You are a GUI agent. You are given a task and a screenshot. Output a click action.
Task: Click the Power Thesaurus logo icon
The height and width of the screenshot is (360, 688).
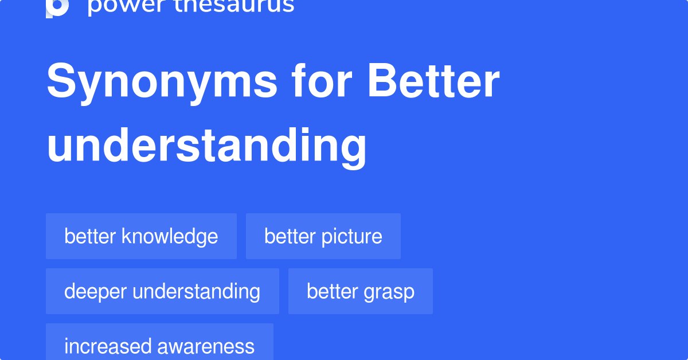pos(57,8)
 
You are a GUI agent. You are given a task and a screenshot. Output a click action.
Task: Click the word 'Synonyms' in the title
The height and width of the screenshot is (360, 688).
pos(162,82)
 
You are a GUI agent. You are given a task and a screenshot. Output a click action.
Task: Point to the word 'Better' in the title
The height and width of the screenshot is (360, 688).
pos(433,80)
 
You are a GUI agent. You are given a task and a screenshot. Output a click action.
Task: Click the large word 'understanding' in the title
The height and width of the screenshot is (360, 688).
pos(206,146)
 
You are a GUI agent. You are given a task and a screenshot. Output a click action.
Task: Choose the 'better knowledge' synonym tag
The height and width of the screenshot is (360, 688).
pos(141,236)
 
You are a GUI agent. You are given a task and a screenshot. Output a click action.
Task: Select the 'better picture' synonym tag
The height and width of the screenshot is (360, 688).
pos(323,236)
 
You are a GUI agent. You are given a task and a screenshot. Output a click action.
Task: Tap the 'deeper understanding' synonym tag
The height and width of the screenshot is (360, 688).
pos(162,291)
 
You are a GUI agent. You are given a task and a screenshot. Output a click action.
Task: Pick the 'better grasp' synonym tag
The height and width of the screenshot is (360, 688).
pos(361,291)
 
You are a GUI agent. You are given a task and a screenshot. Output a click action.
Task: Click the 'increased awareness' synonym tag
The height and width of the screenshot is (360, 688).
pos(160,342)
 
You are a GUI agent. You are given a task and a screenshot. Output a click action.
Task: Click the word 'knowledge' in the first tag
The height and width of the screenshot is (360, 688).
pos(170,237)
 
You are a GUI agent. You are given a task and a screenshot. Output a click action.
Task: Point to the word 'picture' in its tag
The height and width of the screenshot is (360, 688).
pos(351,237)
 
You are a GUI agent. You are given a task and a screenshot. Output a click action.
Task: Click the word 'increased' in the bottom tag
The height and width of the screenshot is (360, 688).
pos(108,346)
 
